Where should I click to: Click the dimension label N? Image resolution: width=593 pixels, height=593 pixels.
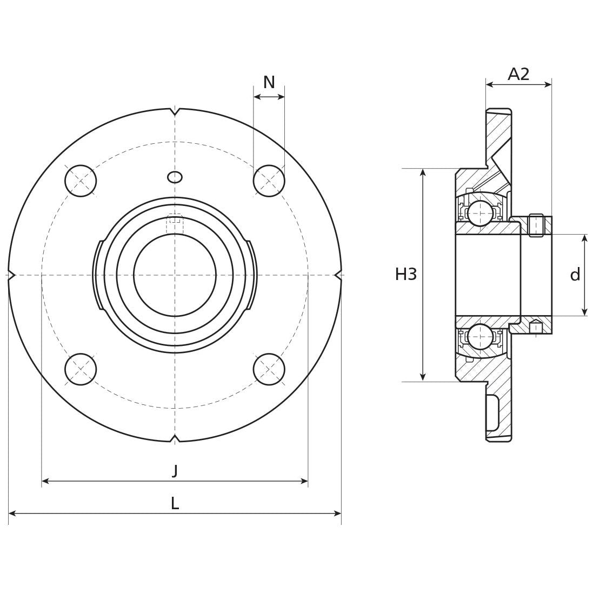click(269, 83)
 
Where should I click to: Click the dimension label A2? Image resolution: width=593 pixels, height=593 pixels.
click(518, 74)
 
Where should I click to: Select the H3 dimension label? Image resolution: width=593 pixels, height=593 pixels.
click(406, 275)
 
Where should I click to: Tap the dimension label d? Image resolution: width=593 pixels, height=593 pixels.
click(575, 275)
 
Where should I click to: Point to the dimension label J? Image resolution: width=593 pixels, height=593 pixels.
click(175, 471)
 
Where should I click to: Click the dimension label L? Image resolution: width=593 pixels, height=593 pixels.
click(175, 503)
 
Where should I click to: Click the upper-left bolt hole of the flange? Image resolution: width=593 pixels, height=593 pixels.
click(81, 181)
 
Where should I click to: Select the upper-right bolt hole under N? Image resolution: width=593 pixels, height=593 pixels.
click(269, 181)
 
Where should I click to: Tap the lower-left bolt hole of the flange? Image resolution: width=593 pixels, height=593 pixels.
click(81, 369)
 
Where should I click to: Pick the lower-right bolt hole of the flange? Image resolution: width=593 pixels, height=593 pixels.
click(269, 369)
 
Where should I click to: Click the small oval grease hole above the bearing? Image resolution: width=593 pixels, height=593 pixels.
click(175, 177)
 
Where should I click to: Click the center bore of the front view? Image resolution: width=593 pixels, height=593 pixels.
click(175, 275)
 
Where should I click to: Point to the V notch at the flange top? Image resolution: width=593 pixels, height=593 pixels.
click(175, 112)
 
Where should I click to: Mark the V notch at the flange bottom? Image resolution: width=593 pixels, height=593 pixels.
click(175, 438)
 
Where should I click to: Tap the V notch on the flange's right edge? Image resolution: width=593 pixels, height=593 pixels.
click(338, 275)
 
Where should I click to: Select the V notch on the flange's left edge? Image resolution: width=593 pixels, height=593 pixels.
click(11, 275)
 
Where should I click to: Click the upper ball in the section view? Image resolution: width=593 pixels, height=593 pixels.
click(480, 213)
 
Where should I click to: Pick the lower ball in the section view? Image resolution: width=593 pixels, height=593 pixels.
click(480, 337)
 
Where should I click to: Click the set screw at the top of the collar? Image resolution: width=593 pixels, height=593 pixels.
click(536, 225)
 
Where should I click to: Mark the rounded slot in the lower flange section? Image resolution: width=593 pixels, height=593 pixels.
click(492, 412)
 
